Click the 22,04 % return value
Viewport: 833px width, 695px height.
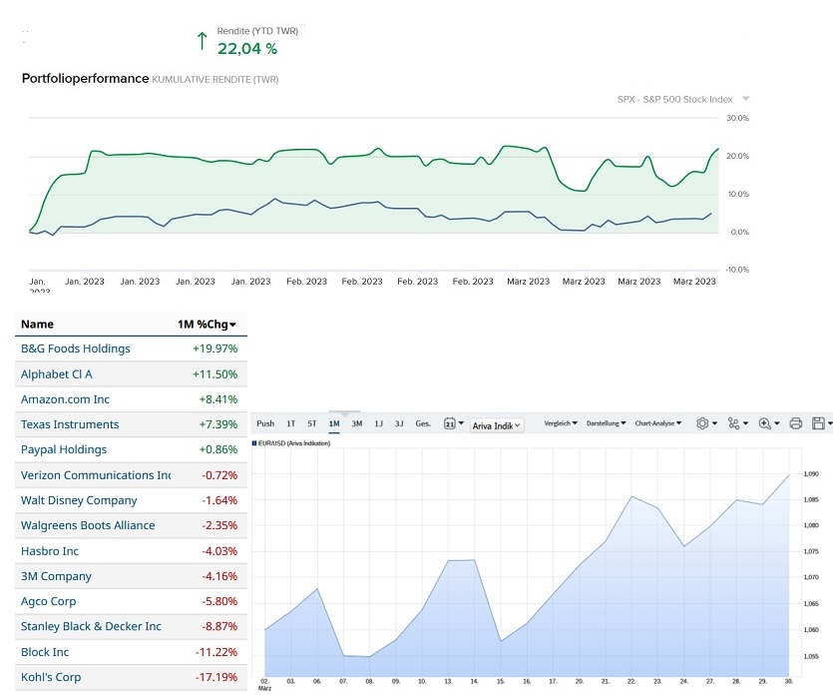(246, 48)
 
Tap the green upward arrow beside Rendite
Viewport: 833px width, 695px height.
(202, 41)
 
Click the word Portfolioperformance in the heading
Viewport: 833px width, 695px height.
(85, 78)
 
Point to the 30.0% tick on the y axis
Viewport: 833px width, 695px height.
(737, 118)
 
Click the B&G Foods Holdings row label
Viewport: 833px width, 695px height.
(76, 348)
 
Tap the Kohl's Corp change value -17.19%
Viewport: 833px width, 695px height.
(215, 677)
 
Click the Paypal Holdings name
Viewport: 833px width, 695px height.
(64, 449)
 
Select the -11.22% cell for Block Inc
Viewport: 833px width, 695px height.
(215, 652)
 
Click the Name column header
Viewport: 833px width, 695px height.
(37, 325)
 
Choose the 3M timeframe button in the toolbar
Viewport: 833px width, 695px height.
(356, 423)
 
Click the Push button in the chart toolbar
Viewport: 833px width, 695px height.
(265, 423)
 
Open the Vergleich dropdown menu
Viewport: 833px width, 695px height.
(561, 423)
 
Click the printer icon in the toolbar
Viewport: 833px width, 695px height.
(795, 423)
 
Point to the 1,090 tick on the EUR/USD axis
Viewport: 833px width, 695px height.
(811, 474)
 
